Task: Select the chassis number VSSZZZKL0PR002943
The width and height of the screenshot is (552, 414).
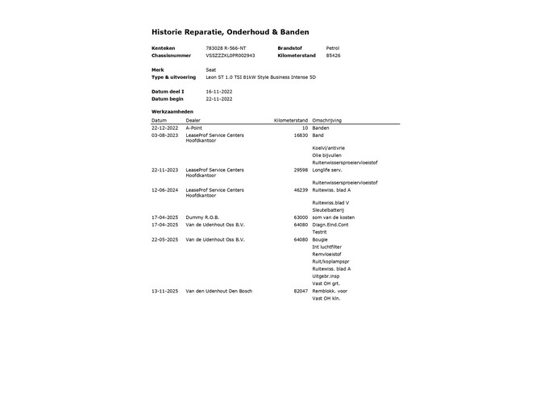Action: pyautogui.click(x=230, y=56)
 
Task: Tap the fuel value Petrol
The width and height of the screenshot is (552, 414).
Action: pyautogui.click(x=333, y=48)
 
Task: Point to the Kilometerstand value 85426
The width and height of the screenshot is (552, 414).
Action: pyautogui.click(x=333, y=56)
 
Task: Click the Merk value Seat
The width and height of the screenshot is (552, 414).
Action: pyautogui.click(x=211, y=70)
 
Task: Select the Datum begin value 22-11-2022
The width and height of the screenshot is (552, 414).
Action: pyautogui.click(x=219, y=99)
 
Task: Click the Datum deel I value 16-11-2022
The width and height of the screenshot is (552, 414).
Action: pyautogui.click(x=219, y=92)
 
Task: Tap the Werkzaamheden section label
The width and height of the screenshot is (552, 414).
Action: pyautogui.click(x=172, y=111)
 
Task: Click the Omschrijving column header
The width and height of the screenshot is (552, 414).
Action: pyautogui.click(x=327, y=120)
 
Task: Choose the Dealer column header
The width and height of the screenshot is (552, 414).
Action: pyautogui.click(x=193, y=120)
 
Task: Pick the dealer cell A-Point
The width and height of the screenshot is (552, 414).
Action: pyautogui.click(x=194, y=127)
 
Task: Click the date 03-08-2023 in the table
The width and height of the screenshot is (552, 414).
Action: pyautogui.click(x=164, y=135)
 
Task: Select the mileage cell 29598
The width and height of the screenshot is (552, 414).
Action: pyautogui.click(x=301, y=170)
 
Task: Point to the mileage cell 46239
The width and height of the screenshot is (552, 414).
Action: pyautogui.click(x=301, y=189)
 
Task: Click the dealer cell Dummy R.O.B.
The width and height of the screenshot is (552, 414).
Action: pyautogui.click(x=202, y=217)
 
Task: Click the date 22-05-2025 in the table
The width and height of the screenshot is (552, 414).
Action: pyautogui.click(x=164, y=239)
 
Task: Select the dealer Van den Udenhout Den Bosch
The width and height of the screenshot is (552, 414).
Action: pyautogui.click(x=218, y=291)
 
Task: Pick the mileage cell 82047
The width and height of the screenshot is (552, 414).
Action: pyautogui.click(x=301, y=291)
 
